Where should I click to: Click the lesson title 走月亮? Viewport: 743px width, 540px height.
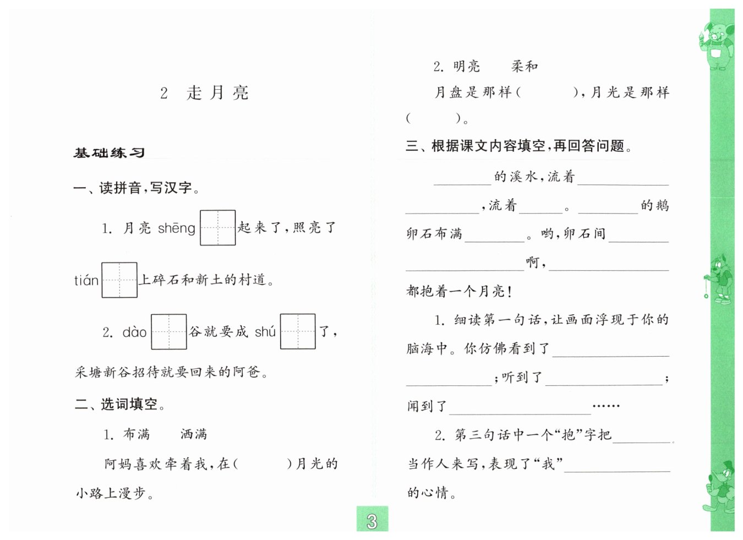tap(217, 92)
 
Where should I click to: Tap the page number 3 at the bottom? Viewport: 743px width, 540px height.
tap(372, 520)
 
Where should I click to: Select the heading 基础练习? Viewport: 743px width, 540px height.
tap(109, 153)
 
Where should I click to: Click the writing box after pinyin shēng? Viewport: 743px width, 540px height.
tap(217, 227)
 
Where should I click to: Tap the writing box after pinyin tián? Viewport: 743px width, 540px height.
tap(119, 280)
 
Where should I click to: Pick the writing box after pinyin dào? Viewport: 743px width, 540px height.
tap(169, 331)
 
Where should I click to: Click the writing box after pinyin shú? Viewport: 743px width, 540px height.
tap(298, 331)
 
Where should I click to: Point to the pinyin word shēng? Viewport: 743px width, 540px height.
tap(176, 228)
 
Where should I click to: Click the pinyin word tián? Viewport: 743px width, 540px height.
tap(86, 281)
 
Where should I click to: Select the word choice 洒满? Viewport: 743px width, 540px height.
tap(194, 434)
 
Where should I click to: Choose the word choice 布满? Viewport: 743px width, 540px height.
tap(136, 434)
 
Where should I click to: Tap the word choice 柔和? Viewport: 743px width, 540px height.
tap(525, 67)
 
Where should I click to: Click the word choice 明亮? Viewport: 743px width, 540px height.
tap(467, 67)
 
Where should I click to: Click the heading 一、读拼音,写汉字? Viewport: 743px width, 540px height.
tap(136, 188)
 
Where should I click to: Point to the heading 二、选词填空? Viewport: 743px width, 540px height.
tap(120, 405)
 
